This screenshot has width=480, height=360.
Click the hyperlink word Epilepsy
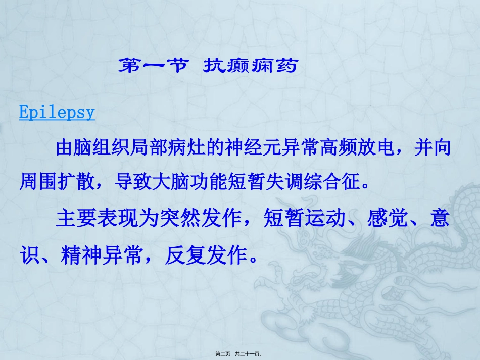[x=57, y=112]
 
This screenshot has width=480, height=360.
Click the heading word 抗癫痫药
[x=250, y=66]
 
